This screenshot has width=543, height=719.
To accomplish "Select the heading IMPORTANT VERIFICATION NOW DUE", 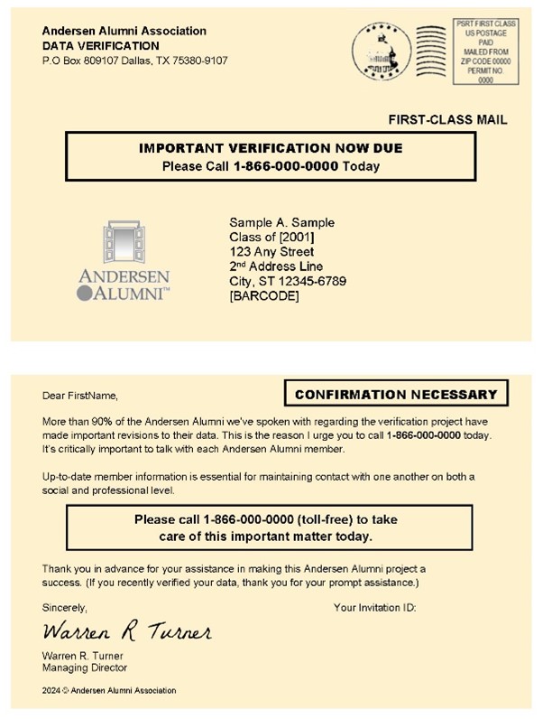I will [x=271, y=148].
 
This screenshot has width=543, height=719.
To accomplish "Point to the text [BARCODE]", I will [x=264, y=295].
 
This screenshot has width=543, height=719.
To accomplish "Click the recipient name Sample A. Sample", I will [x=282, y=222].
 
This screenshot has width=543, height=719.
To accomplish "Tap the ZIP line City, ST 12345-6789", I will [x=288, y=281].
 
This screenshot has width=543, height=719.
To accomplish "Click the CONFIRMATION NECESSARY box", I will [x=396, y=394].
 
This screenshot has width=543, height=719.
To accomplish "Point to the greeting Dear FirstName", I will [x=79, y=396].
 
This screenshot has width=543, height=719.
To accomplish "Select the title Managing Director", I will [x=85, y=668].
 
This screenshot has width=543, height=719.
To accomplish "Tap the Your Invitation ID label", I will [x=374, y=608].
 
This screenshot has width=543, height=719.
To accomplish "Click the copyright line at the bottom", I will [x=109, y=690].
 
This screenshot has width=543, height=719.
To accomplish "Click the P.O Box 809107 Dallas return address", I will [x=134, y=61].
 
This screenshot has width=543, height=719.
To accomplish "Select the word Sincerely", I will [x=65, y=608].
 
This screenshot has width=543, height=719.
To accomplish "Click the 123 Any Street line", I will [x=271, y=251].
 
